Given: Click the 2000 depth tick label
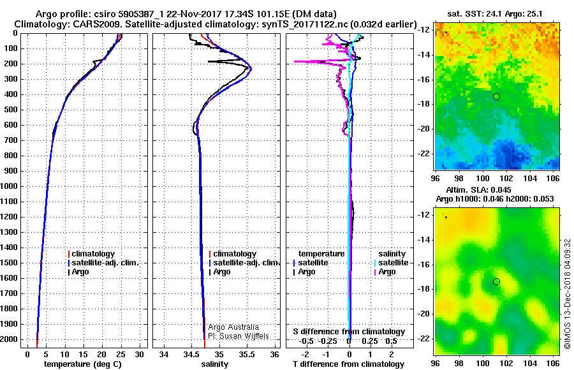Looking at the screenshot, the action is click(x=9, y=339).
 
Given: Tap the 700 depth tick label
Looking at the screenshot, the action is click(x=11, y=140).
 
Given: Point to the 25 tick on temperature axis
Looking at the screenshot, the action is click(x=121, y=355).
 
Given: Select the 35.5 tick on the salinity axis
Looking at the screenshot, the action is click(x=246, y=355).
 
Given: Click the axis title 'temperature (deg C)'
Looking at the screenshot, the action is click(x=83, y=364).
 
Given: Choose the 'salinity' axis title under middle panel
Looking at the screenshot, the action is click(x=215, y=364).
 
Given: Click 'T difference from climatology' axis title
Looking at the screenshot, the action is click(x=349, y=364).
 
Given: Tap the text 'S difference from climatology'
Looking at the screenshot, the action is click(x=349, y=332).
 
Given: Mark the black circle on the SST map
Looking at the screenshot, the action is click(x=496, y=97).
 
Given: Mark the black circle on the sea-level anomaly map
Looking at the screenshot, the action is click(x=496, y=282).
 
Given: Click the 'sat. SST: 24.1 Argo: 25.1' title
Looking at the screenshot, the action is click(x=495, y=14).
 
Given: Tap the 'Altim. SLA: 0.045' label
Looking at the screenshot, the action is click(x=478, y=190).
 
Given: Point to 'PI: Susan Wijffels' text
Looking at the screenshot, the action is click(x=239, y=336).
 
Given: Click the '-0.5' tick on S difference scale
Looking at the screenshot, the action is click(x=306, y=341).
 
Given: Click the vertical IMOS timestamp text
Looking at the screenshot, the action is click(x=568, y=294).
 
